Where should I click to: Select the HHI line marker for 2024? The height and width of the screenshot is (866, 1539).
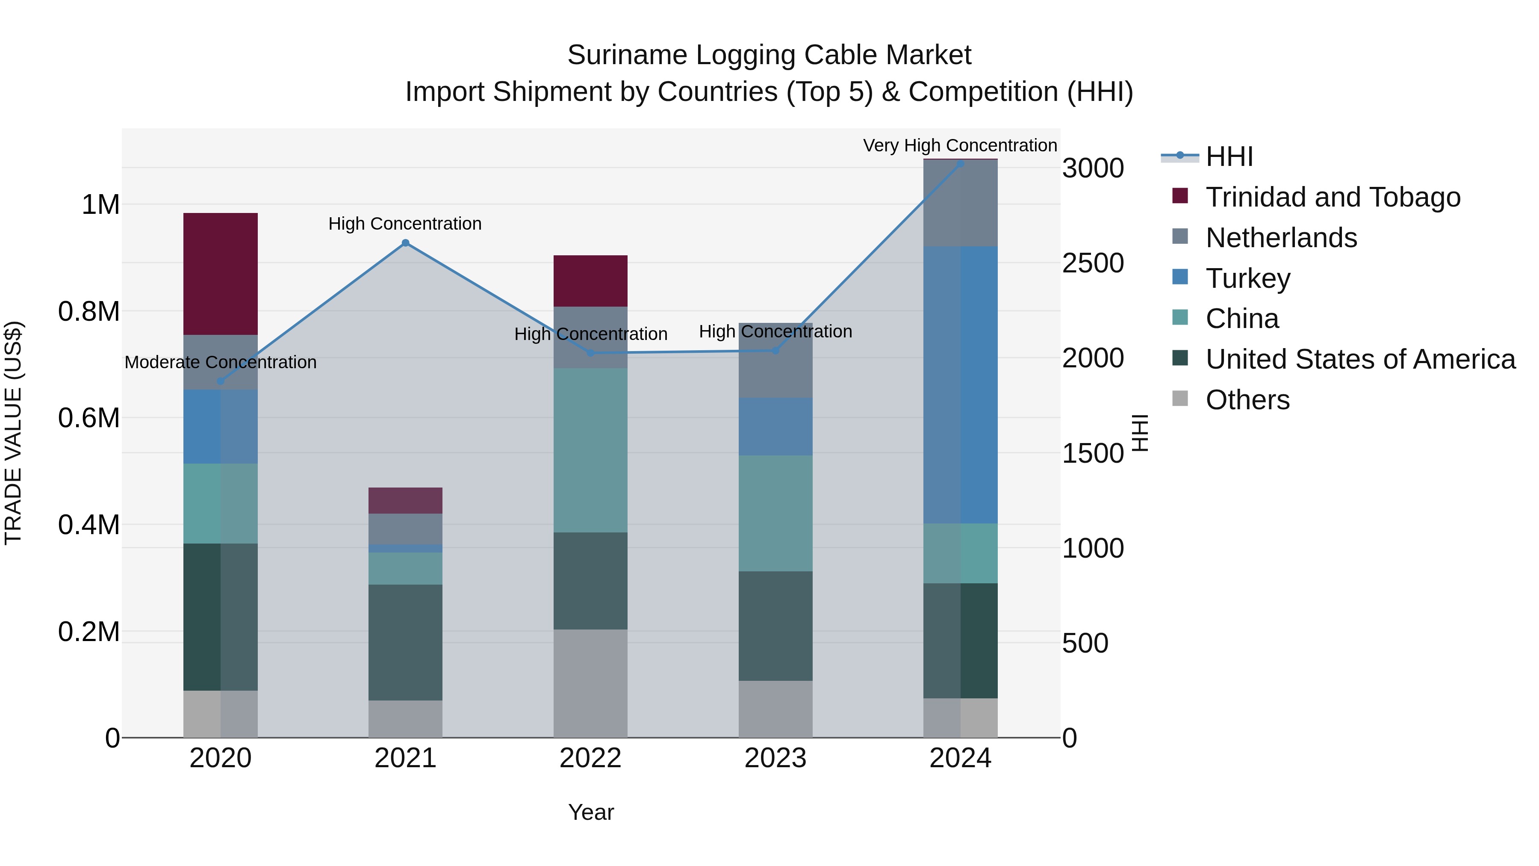pyautogui.click(x=960, y=164)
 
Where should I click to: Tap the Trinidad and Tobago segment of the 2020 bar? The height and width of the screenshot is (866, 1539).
pyautogui.click(x=221, y=274)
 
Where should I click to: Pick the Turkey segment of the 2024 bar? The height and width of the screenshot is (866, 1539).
pyautogui.click(x=960, y=385)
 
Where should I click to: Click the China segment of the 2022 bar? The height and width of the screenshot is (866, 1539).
pyautogui.click(x=590, y=450)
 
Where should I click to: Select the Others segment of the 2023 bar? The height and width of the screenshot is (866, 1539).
pyautogui.click(x=775, y=709)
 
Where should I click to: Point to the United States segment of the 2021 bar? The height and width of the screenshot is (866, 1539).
pyautogui.click(x=405, y=642)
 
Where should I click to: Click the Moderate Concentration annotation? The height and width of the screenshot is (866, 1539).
pyautogui.click(x=221, y=362)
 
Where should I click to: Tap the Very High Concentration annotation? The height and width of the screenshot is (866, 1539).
pyautogui.click(x=960, y=145)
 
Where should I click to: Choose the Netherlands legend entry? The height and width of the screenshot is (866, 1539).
pyautogui.click(x=1281, y=238)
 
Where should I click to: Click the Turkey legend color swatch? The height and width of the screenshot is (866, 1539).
pyautogui.click(x=1180, y=277)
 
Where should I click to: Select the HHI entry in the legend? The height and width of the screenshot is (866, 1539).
pyautogui.click(x=1229, y=157)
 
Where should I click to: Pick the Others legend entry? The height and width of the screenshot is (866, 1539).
pyautogui.click(x=1247, y=400)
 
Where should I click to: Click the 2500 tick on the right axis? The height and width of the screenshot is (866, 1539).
pyautogui.click(x=1093, y=263)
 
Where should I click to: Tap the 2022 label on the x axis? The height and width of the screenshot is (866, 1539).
pyautogui.click(x=590, y=758)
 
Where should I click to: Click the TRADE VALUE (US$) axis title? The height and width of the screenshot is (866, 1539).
pyautogui.click(x=13, y=433)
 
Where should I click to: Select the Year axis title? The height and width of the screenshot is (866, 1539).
pyautogui.click(x=590, y=812)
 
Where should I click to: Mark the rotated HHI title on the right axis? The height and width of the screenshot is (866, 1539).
pyautogui.click(x=1140, y=433)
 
